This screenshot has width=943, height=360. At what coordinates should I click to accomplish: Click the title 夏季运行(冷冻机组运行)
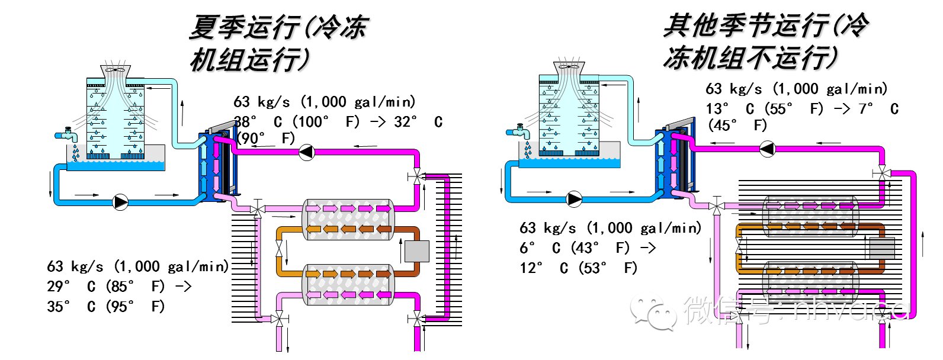pyautogui.click(x=278, y=43)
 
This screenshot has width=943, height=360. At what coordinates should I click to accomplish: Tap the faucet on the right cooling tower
pyautogui.click(x=519, y=131)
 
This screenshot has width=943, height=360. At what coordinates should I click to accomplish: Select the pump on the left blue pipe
pyautogui.click(x=120, y=202)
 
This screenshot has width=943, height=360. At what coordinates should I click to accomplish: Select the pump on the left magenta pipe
pyautogui.click(x=306, y=152)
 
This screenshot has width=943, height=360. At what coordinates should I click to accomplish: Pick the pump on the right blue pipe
pyautogui.click(x=573, y=199)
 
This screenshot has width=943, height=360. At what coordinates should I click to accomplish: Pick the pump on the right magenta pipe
pyautogui.click(x=767, y=148)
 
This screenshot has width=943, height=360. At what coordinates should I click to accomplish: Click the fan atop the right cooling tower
pyautogui.click(x=569, y=66)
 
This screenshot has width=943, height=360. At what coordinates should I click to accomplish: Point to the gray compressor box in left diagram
pyautogui.click(x=416, y=251)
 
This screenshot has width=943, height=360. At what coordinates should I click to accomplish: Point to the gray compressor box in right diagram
pyautogui.click(x=882, y=248)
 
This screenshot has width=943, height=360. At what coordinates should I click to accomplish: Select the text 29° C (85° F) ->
pyautogui.click(x=119, y=287)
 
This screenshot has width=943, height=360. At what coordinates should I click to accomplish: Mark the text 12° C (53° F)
pyautogui.click(x=578, y=268)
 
